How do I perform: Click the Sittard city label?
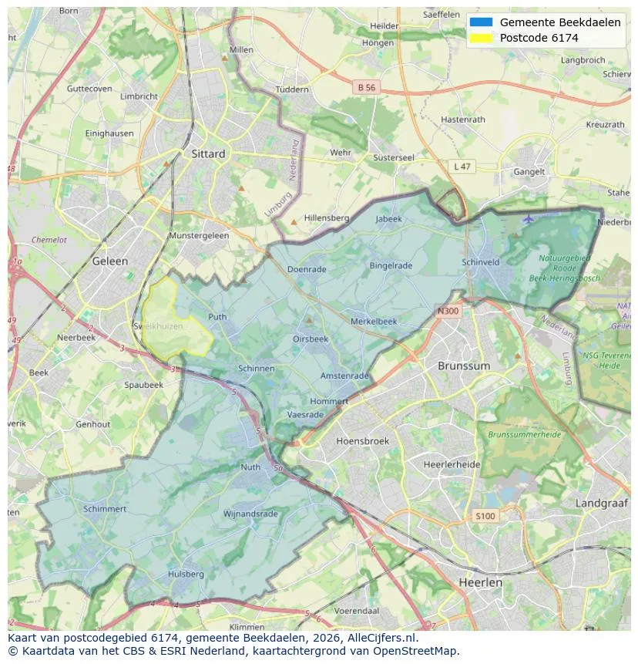coord(208,153)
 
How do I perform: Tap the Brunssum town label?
coord(463,366)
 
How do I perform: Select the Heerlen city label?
coord(479,582)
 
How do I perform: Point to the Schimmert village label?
coord(105,509)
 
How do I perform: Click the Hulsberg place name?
coord(186,574)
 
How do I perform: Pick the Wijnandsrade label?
coord(250,514)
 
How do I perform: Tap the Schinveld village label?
coord(481,262)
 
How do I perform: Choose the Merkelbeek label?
coord(374,321)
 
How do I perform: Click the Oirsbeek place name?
coord(311,339)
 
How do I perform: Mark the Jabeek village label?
coord(388,219)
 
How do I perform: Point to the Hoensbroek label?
coord(362,441)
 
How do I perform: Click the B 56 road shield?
coord(367,88)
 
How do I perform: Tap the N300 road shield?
coord(448,312)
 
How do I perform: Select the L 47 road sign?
coord(462,167)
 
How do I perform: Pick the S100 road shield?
coord(485,516)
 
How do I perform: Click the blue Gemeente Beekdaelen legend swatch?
coord(481,22)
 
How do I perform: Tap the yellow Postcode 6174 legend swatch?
coord(481,38)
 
